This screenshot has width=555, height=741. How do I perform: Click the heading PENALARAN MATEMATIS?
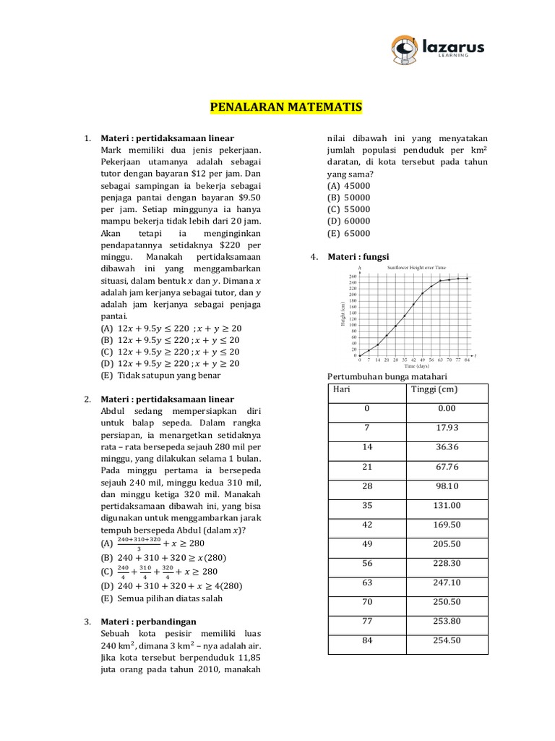coord(286,109)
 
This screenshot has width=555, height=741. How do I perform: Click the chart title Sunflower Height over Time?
coord(417,267)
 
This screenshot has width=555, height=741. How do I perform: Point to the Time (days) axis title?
coord(416,366)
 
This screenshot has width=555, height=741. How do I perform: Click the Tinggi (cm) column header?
coord(434,390)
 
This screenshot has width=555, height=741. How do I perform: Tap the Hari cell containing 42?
coord(367,525)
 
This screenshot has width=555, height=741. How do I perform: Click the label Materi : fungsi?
coord(358,256)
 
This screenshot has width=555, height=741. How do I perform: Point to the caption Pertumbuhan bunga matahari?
coord(387,377)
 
